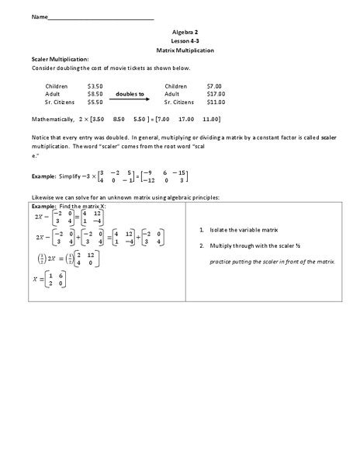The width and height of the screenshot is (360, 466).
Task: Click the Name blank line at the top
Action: tap(100, 17)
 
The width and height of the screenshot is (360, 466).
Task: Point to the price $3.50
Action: tap(95, 85)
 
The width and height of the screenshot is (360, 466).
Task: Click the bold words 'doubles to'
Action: tap(130, 93)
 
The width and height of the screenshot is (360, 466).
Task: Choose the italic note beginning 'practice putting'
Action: tap(272, 261)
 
